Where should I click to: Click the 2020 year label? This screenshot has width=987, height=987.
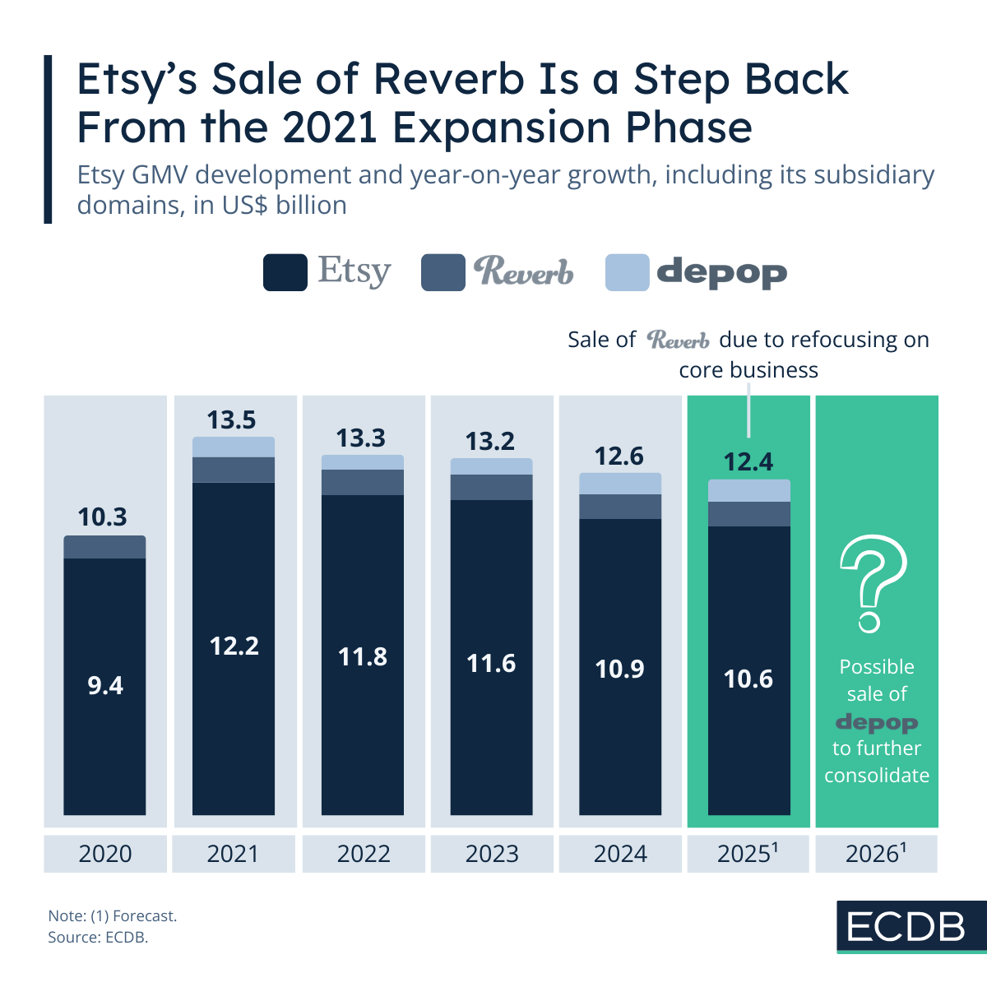point(105,854)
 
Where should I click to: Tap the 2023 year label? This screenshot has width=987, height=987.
point(491,854)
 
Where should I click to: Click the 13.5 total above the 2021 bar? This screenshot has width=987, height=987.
point(231,420)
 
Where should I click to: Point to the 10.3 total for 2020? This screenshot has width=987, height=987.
point(103,517)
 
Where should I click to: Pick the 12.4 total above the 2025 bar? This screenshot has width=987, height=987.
point(748,462)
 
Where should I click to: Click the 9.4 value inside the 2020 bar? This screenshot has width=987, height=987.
point(105,685)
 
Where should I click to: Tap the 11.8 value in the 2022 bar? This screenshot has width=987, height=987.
point(363,657)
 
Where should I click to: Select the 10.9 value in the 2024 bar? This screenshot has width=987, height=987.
point(620,670)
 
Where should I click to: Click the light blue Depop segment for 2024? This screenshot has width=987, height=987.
point(620,484)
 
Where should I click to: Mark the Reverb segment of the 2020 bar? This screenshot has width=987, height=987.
point(104,547)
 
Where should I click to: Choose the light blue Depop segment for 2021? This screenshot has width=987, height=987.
point(234,447)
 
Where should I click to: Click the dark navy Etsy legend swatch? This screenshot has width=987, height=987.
point(285,272)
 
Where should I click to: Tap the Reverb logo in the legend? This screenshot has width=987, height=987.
point(524,271)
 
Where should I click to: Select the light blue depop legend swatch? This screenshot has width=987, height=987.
point(627,272)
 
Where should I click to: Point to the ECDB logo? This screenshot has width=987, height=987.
point(906,927)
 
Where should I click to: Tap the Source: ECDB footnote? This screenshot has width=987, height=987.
point(98,938)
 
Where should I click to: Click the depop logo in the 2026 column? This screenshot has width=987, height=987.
point(877,723)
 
